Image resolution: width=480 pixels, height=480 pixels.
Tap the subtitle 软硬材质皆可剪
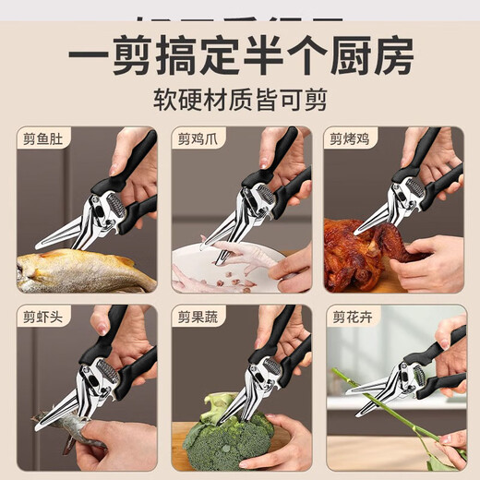pos(239,99)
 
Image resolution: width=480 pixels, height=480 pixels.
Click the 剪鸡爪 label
pos(197,141)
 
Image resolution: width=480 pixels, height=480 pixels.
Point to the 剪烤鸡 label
pos(350,141)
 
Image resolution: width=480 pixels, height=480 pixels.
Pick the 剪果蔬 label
pos(197,318)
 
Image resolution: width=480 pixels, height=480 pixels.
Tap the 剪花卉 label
pos(350,318)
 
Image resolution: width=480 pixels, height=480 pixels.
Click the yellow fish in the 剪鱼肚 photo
pos(83,270)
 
